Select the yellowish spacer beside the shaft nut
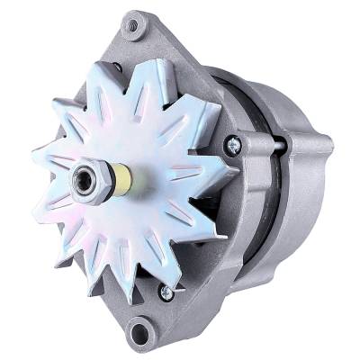[121, 179]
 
